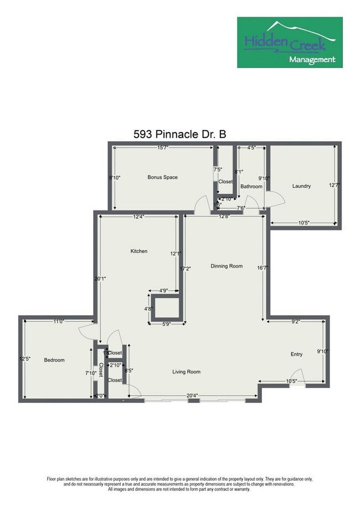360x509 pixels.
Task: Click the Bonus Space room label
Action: click(x=162, y=177)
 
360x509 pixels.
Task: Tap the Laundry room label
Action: click(x=301, y=186)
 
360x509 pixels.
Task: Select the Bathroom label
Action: click(x=251, y=187)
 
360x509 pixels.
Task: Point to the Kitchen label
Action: click(x=138, y=251)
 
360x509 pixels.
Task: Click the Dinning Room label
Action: click(x=227, y=266)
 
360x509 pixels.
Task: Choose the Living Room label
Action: click(x=186, y=372)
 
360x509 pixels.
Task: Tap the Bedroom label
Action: click(x=54, y=360)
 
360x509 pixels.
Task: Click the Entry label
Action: click(x=297, y=354)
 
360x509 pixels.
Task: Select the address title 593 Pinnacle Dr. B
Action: click(x=179, y=134)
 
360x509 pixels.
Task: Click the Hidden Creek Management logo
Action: click(x=290, y=42)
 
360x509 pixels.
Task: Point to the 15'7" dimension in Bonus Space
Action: click(x=163, y=148)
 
